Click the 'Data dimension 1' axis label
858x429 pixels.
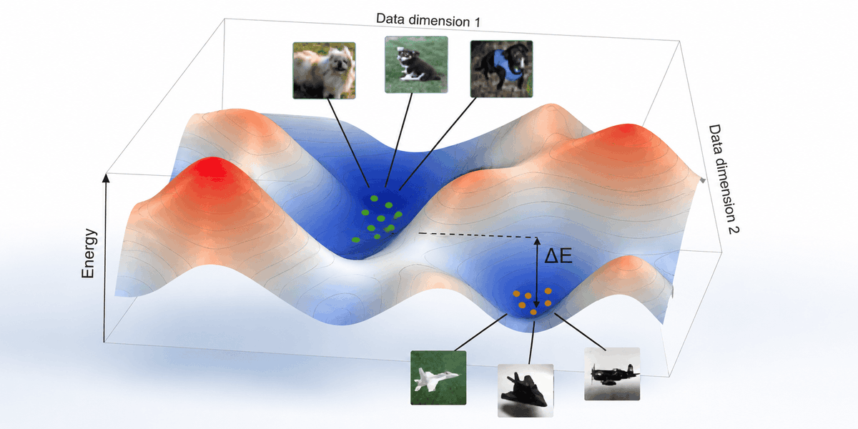point(428,20)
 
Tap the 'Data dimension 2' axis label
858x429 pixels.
point(723,179)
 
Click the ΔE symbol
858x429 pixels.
point(558,256)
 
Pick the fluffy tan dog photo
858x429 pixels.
point(324,71)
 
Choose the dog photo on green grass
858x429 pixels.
point(416,64)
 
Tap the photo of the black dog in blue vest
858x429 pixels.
point(501,69)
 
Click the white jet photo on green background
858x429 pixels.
point(438,378)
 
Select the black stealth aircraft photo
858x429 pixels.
point(525,390)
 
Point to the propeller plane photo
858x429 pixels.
point(612,374)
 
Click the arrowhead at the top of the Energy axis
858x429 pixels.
point(107,177)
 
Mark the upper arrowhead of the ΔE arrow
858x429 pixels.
point(537,241)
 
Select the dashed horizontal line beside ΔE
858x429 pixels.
point(478,235)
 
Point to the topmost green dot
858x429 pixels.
point(374,199)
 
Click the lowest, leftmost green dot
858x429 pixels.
point(356,240)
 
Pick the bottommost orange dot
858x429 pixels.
point(533,312)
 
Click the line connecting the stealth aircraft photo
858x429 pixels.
point(531,342)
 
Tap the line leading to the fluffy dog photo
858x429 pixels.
point(348,143)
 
